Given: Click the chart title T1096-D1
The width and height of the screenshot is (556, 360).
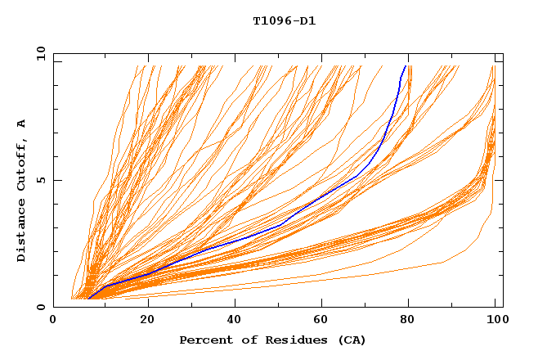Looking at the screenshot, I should point(284,21).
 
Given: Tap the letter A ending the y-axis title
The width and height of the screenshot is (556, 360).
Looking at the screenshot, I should point(21,124).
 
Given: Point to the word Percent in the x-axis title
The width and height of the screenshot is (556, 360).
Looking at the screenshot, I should point(204,340).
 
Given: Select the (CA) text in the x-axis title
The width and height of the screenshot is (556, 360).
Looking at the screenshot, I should point(350,340).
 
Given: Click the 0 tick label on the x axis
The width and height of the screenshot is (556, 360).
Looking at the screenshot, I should point(53,322).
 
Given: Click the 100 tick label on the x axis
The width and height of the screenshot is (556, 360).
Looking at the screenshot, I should point(495,322).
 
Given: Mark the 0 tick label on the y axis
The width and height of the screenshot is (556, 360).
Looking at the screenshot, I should point(41,308).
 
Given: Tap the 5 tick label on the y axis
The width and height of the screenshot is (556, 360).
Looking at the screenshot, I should point(41,181).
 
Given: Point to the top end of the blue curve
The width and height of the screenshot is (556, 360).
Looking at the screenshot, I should point(405,65).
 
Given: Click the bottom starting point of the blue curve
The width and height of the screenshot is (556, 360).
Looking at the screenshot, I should point(88,299).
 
